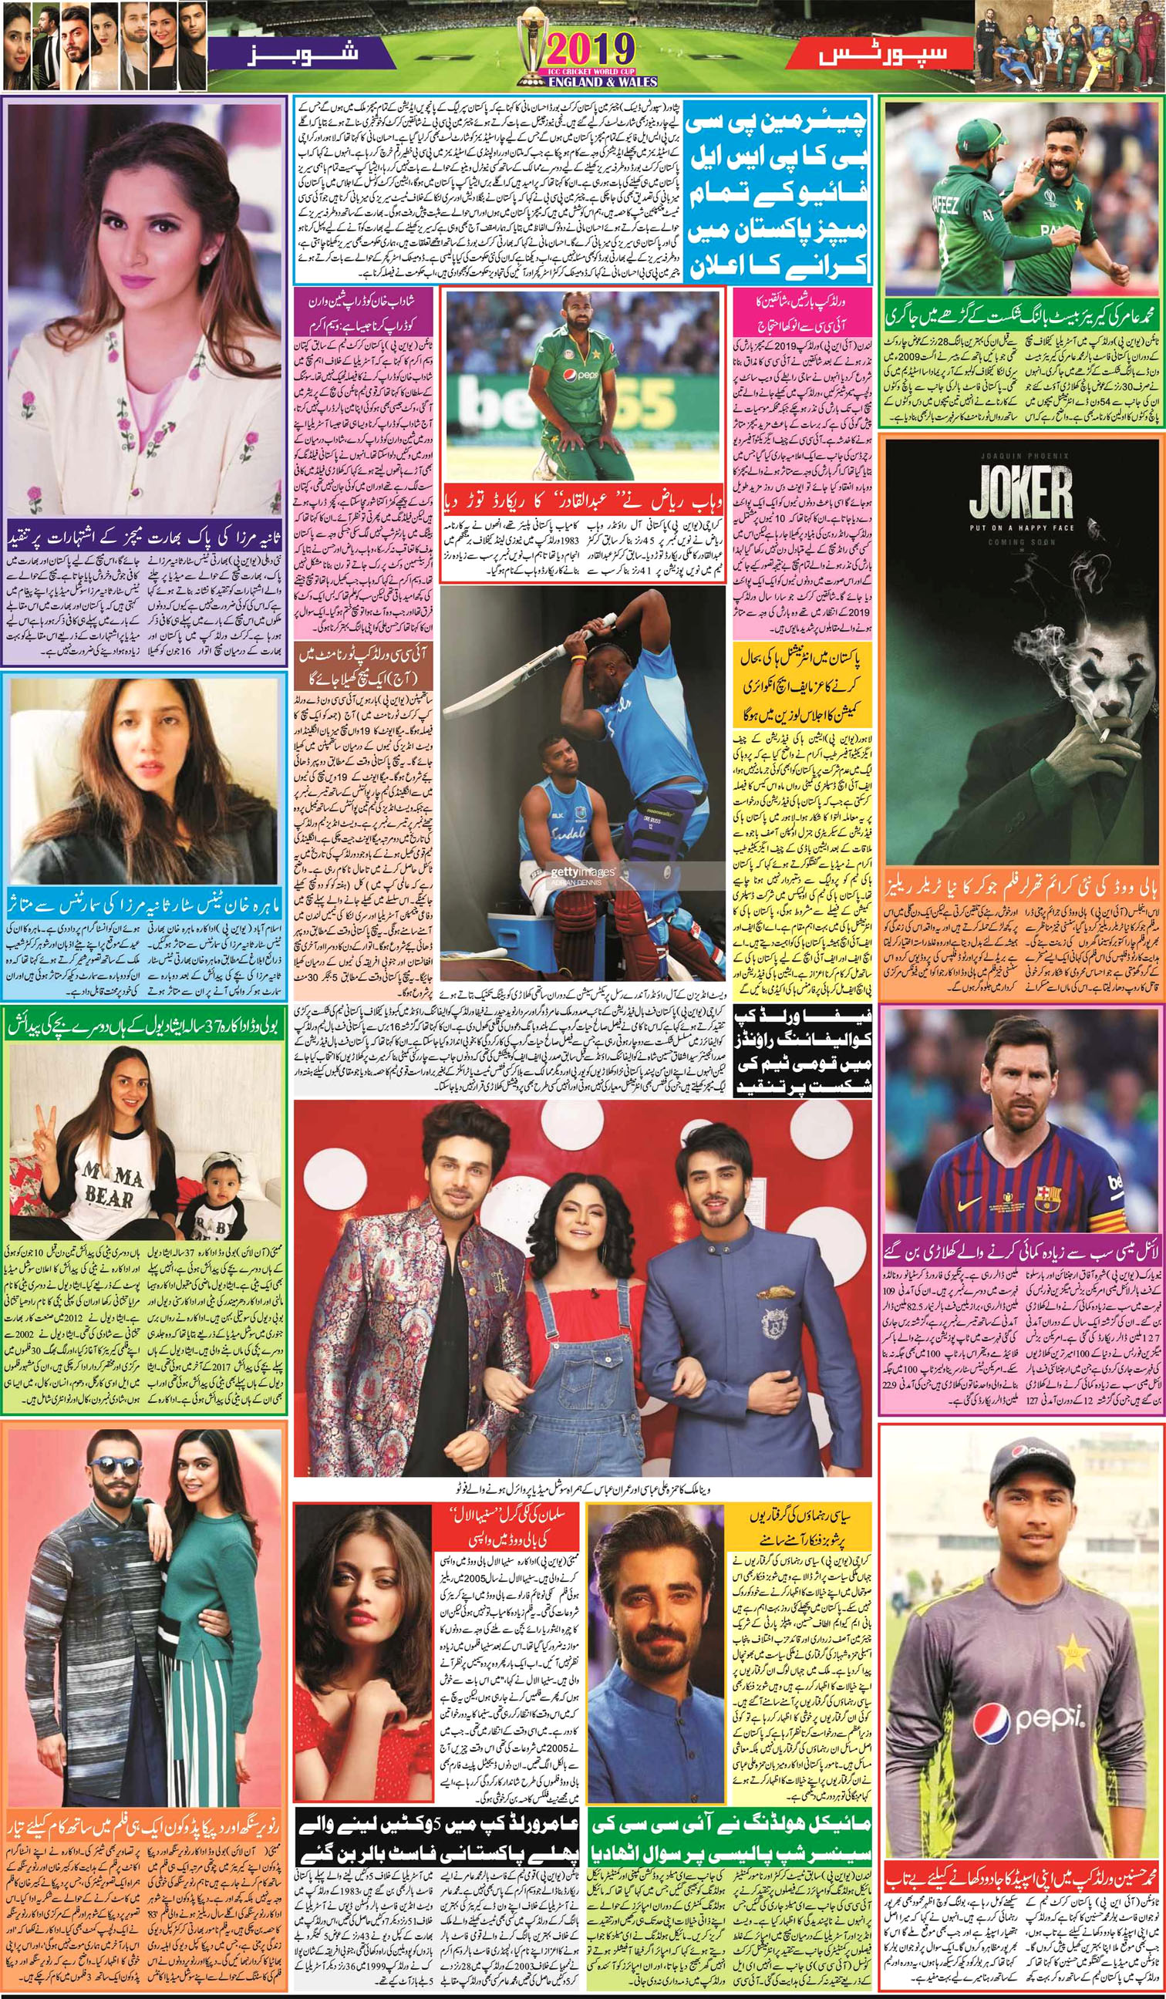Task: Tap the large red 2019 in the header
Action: pyautogui.click(x=586, y=51)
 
